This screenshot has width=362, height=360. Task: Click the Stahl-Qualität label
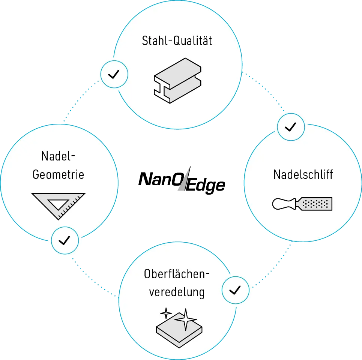coord(177,40)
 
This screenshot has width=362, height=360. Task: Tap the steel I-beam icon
coord(177,80)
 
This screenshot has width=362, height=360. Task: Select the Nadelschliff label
coord(303,174)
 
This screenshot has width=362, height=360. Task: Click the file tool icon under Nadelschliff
coord(302,204)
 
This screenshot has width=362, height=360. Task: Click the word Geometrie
coord(58,175)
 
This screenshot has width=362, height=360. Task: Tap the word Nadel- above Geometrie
coord(56,156)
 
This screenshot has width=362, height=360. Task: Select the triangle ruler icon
coord(59,205)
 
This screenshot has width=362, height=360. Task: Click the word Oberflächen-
coord(176,274)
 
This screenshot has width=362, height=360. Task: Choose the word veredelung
coord(177,292)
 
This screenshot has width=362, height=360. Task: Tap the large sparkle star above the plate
coord(185,319)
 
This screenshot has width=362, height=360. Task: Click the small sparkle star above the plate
coord(166,313)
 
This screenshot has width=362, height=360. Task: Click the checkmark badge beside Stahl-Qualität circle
coord(114,74)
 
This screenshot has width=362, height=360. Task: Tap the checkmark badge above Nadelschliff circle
coord(291,127)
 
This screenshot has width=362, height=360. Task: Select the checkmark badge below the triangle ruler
coord(65,240)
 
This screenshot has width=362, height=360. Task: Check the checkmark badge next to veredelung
coord(235,290)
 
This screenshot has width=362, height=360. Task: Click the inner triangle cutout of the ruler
coord(58,204)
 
